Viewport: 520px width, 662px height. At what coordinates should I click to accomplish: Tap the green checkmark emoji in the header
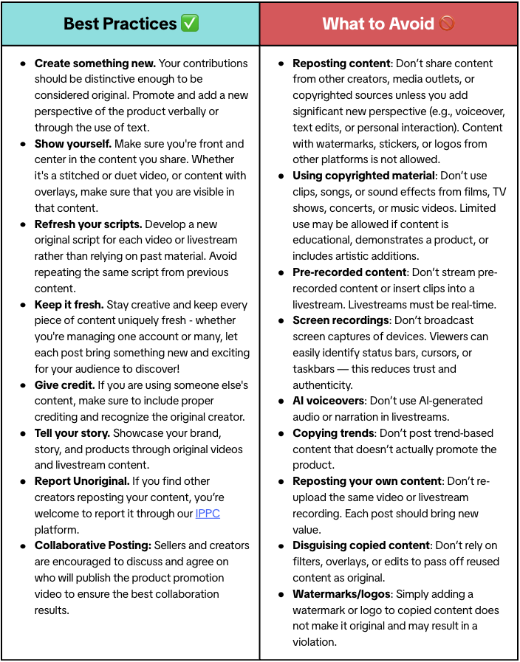[190, 24]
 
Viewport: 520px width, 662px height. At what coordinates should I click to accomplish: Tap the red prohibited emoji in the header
[448, 24]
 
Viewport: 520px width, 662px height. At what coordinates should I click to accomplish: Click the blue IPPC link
[208, 514]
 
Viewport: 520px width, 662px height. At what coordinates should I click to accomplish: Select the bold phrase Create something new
[95, 63]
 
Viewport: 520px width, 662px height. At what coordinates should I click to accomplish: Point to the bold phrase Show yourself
[73, 144]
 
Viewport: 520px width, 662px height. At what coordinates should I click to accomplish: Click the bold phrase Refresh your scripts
[89, 224]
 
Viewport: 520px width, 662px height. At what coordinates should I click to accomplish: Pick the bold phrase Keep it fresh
[69, 305]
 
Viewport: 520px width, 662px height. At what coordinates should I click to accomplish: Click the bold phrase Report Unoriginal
[82, 481]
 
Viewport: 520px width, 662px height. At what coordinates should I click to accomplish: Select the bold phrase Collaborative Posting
[93, 545]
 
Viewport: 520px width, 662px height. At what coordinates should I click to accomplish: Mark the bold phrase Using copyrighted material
[364, 176]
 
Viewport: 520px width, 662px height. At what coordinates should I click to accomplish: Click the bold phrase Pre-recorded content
[349, 272]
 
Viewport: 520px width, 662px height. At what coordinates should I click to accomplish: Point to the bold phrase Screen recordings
[341, 320]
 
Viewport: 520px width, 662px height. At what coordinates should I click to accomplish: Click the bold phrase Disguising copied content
[361, 545]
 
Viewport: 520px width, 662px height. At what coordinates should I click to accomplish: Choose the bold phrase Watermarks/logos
[341, 594]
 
